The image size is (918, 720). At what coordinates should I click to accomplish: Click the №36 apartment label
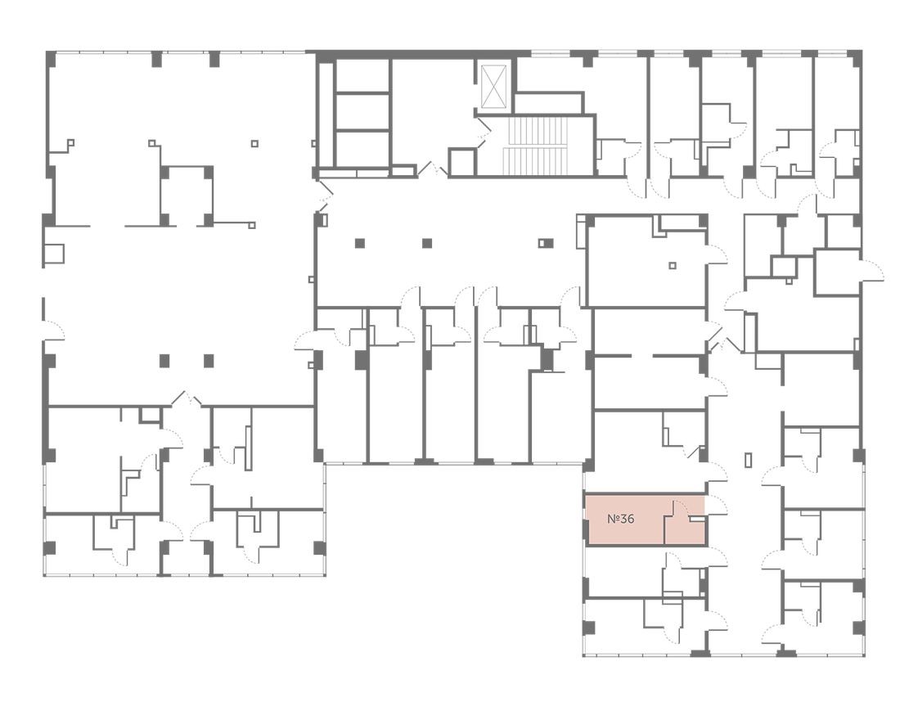620,519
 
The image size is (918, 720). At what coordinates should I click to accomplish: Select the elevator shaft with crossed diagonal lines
493,86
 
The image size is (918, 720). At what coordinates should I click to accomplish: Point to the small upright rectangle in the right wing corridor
748,460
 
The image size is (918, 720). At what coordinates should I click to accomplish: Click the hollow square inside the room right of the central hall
673,265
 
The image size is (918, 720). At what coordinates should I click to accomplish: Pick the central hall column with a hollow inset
545,242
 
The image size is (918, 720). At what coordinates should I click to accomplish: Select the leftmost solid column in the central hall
360,242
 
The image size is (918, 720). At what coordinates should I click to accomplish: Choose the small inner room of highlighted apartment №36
685,523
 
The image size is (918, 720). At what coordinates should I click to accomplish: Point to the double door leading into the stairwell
483,130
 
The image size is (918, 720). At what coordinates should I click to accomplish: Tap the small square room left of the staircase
461,162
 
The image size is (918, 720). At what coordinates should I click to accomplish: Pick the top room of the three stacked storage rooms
362,75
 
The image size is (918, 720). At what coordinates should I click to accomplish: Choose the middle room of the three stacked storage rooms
362,110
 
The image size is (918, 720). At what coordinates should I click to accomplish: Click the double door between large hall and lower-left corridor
187,398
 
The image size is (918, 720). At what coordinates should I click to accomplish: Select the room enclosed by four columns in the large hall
187,196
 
